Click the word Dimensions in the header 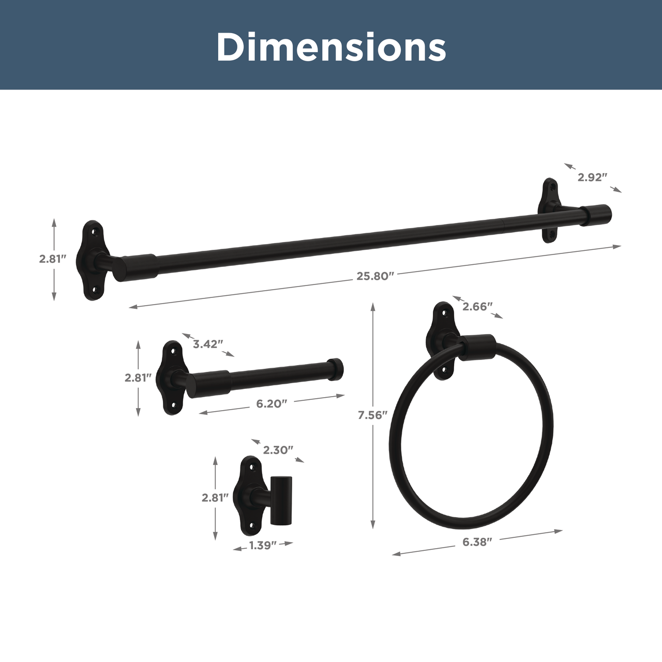click(x=331, y=47)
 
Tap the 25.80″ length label click(x=375, y=276)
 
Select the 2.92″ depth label click(x=592, y=177)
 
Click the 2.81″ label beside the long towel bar click(x=52, y=259)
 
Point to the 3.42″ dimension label click(x=208, y=344)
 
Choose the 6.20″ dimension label click(x=272, y=403)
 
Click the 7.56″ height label click(x=372, y=415)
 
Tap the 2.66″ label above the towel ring click(x=477, y=307)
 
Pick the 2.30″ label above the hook click(x=278, y=450)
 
